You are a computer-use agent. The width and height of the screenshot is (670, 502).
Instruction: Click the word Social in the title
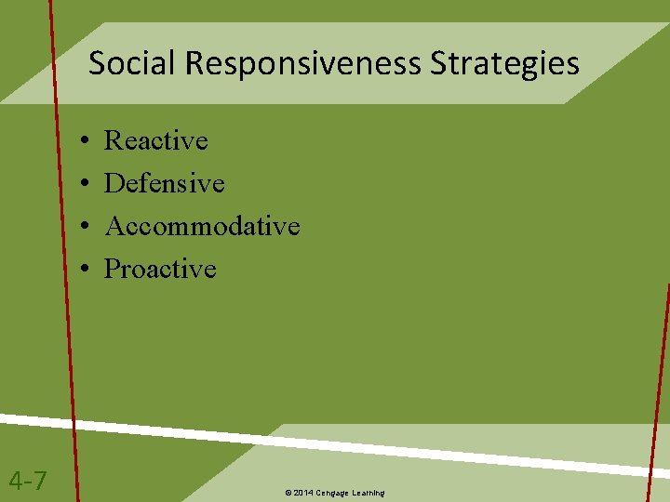133,64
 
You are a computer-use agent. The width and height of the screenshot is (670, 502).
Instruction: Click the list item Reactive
155,140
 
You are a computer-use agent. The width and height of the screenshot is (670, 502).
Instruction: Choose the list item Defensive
164,183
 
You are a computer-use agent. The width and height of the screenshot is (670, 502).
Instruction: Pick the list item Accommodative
202,226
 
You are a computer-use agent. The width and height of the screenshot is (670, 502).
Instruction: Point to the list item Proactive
160,269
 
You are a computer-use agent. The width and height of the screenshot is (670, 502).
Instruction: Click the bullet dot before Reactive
84,141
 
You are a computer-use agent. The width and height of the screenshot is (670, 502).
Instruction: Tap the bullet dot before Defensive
84,184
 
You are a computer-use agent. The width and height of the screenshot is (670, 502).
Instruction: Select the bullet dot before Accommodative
84,227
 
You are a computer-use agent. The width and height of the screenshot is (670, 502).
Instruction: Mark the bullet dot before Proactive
84,270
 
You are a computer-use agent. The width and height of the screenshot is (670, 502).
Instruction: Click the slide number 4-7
28,481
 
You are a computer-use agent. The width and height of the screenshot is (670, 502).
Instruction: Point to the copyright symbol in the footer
288,492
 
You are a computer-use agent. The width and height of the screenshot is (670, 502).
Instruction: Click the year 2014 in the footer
303,492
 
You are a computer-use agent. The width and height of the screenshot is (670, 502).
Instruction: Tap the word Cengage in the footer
333,492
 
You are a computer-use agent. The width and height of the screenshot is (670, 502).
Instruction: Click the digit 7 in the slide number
41,481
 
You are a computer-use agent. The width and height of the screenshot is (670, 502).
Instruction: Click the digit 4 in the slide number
16,481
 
